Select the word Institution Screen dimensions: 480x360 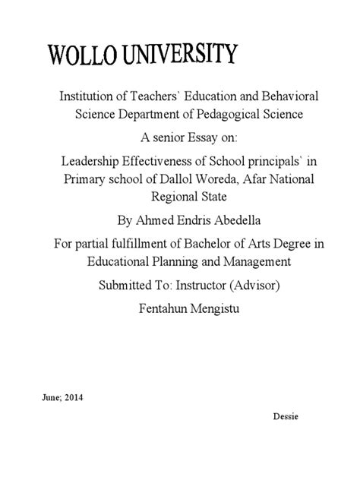click(x=79, y=98)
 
